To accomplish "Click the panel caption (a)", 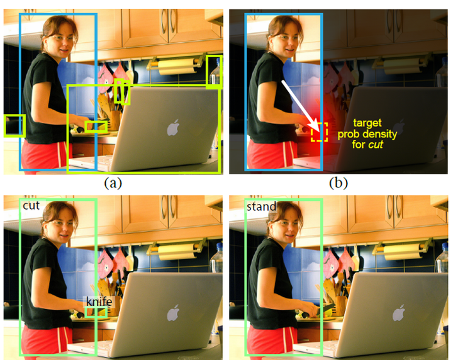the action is pyautogui.click(x=113, y=183).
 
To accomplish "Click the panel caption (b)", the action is pyautogui.click(x=338, y=183).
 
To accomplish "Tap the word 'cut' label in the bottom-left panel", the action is pyautogui.click(x=31, y=205).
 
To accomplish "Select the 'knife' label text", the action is pyautogui.click(x=99, y=301).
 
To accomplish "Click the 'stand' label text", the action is pyautogui.click(x=262, y=206).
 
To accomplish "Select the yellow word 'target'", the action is pyautogui.click(x=367, y=123).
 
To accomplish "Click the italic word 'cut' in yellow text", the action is pyautogui.click(x=376, y=144).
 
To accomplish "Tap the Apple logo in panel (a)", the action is pyautogui.click(x=173, y=127).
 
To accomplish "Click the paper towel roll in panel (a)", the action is pyautogui.click(x=176, y=67).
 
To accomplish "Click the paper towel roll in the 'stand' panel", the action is pyautogui.click(x=402, y=252).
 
